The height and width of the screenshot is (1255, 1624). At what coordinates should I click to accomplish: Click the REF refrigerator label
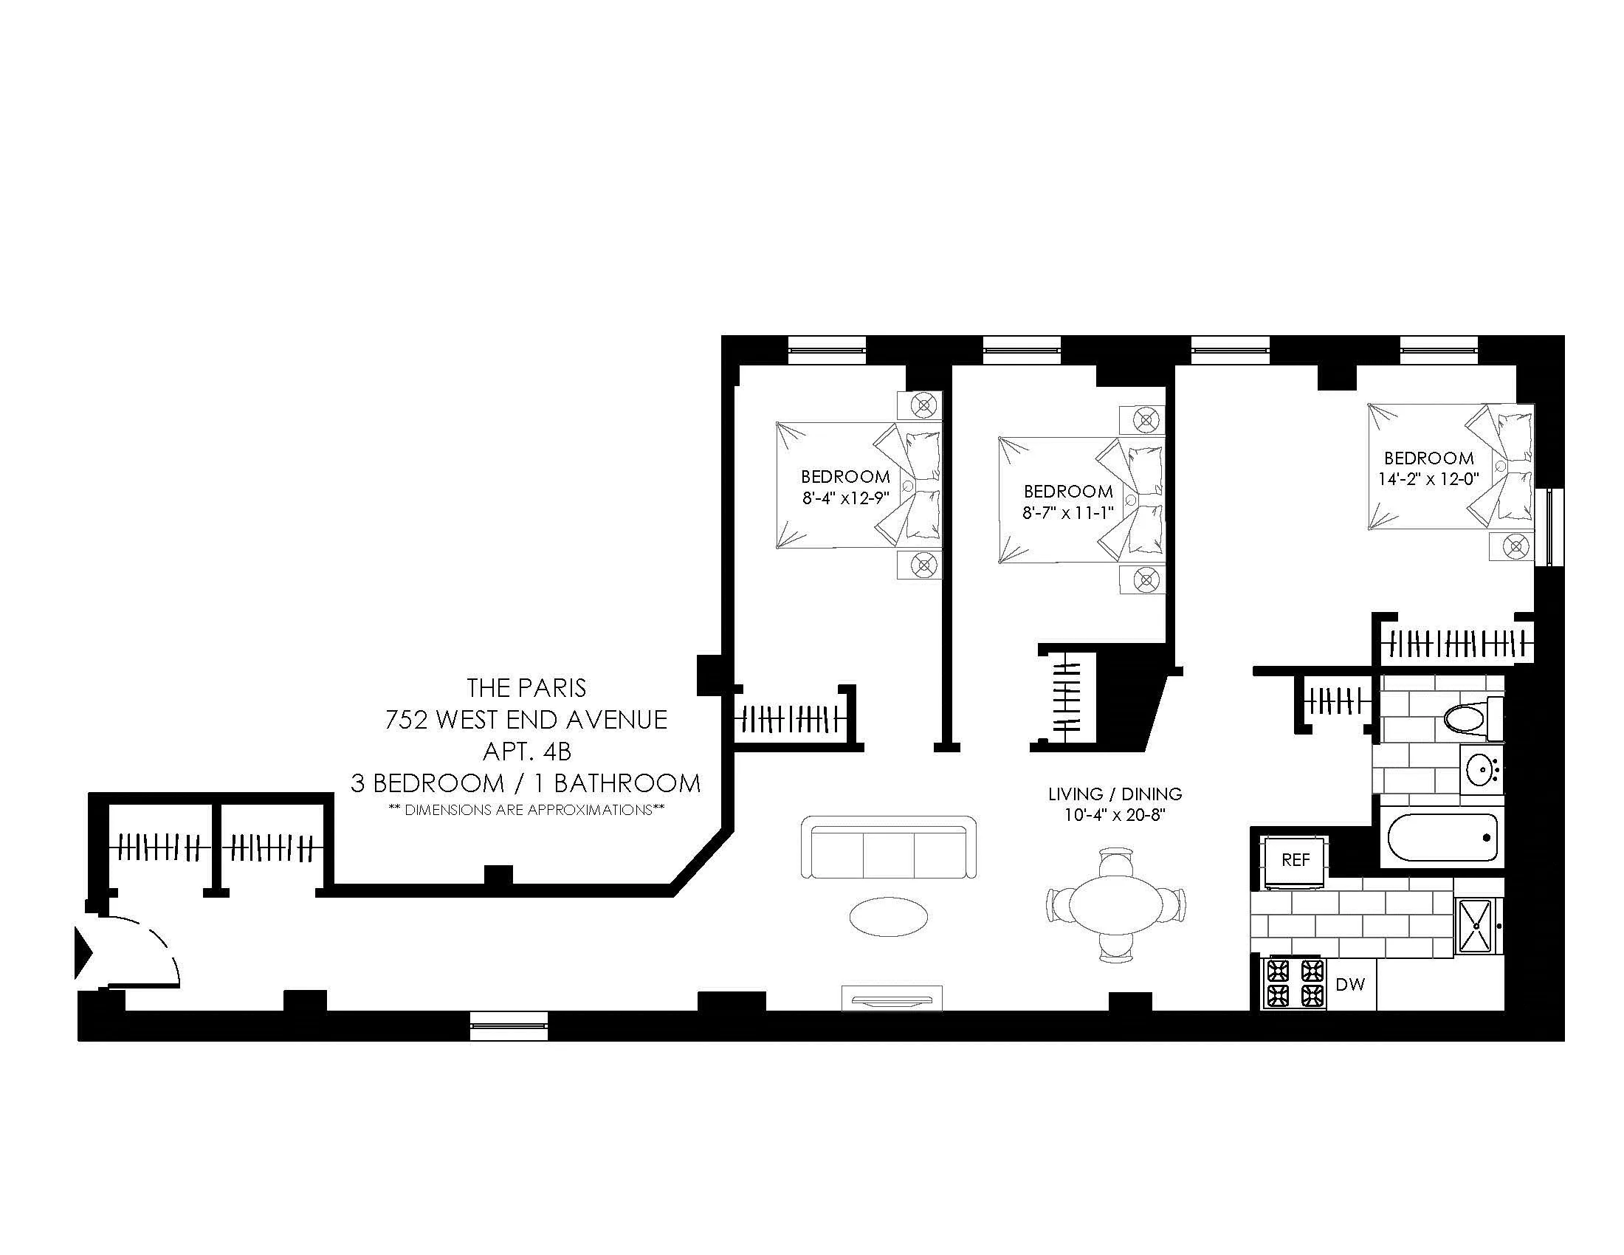pos(1296,860)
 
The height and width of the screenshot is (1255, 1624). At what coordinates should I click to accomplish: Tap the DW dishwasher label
pos(1350,984)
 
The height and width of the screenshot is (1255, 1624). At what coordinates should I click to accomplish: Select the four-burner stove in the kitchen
pos(1295,983)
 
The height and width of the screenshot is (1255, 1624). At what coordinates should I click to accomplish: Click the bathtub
pos(1442,837)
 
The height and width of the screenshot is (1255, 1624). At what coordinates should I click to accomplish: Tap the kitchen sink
pos(1478,926)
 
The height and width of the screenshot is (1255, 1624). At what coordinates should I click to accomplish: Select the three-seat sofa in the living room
pos(889,847)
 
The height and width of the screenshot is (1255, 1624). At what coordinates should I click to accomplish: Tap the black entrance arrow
pos(83,952)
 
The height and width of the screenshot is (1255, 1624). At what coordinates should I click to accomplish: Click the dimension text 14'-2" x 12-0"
pos(1428,479)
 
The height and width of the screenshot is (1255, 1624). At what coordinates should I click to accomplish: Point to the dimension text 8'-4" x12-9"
pos(845,498)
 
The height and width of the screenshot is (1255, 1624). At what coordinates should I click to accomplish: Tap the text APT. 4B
pos(526,752)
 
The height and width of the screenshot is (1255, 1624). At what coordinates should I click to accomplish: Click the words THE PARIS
pos(526,688)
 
